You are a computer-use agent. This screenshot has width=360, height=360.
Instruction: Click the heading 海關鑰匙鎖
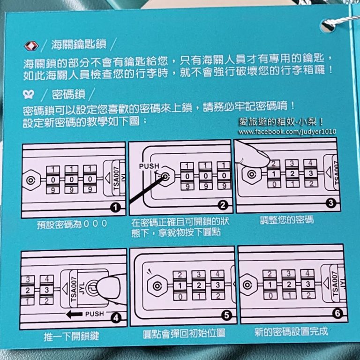click(x=79, y=45)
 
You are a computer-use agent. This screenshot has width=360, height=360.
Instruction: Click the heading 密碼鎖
click(x=68, y=94)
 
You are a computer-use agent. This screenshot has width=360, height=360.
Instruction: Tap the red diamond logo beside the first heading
click(x=31, y=45)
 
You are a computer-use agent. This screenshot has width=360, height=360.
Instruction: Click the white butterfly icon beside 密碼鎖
click(x=29, y=94)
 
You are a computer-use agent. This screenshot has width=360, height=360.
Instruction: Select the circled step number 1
click(x=115, y=208)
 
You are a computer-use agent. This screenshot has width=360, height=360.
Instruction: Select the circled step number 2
click(x=223, y=205)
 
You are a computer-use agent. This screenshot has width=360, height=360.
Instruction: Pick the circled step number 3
click(x=331, y=202)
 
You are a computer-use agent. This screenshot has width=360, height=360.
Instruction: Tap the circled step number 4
click(x=116, y=318)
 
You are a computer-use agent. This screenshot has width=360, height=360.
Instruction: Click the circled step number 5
click(x=226, y=315)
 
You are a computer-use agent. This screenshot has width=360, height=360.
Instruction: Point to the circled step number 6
click(x=337, y=314)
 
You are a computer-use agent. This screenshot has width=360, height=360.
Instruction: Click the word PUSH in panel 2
click(x=149, y=166)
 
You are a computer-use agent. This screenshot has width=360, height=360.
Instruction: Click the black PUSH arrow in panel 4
click(x=74, y=314)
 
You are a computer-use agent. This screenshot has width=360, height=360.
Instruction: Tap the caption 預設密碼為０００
click(x=72, y=224)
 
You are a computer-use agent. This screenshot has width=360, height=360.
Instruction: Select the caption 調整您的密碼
click(x=287, y=220)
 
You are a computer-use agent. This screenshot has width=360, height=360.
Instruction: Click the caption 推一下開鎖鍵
click(x=71, y=337)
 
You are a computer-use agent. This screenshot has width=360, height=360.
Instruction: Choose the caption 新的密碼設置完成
click(x=291, y=332)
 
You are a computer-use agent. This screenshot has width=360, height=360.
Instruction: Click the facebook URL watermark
click(x=287, y=132)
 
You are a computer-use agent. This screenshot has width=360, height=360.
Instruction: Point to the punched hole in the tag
click(x=327, y=26)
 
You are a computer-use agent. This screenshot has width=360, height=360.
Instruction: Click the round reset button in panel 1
click(x=30, y=180)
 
